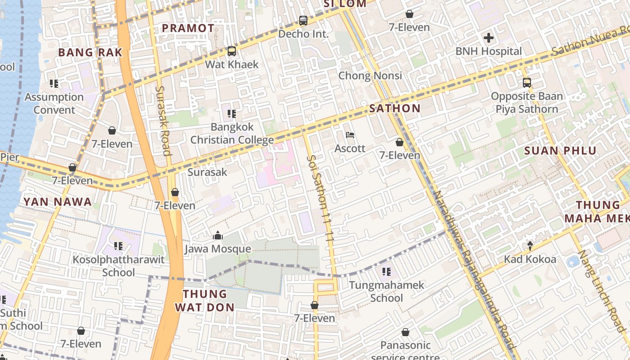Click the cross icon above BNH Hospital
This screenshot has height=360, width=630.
488,38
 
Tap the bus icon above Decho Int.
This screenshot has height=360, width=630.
303,21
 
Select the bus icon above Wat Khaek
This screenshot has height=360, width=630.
232,51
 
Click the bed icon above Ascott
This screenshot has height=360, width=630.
350,135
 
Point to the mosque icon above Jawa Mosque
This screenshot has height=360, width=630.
218,236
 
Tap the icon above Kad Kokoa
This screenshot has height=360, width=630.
530,246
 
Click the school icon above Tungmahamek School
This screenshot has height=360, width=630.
387,272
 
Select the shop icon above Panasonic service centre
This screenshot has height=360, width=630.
405,332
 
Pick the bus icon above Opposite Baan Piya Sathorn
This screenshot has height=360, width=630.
527,83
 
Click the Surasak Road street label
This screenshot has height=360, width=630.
162,121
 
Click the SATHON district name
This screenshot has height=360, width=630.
395,108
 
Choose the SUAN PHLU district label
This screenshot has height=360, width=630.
560,151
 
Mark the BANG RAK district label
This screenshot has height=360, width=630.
90,52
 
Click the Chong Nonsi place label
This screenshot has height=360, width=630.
370,76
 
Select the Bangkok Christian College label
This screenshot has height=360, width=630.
232,134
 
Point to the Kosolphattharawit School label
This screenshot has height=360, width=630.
118,266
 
